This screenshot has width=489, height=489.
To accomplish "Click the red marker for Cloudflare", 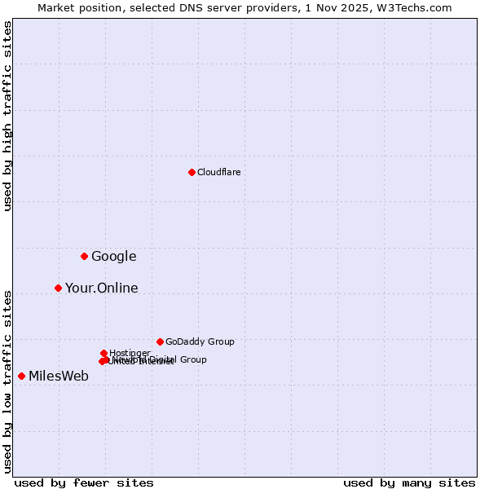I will tap(192, 172).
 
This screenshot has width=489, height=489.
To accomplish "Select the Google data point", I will tap(84, 256).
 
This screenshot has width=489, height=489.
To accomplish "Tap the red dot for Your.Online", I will tap(58, 288).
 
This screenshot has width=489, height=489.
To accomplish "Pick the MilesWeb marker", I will tap(21, 376).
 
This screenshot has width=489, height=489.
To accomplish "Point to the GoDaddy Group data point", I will tap(160, 341).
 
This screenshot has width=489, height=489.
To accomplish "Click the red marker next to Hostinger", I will tap(104, 353).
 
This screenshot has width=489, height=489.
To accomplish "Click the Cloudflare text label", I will tap(218, 172).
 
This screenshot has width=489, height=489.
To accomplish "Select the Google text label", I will tap(113, 257).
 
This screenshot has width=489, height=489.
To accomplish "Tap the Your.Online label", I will tap(101, 289).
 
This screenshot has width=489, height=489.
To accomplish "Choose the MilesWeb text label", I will tap(59, 377).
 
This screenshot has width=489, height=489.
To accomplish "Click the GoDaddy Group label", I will tap(200, 341).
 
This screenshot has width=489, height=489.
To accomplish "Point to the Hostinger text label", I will tap(130, 353).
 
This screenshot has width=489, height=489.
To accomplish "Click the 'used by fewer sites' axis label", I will tap(84, 482).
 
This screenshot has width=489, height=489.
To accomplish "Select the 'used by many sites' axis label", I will tap(409, 482).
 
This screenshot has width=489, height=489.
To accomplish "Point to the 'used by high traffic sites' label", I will tap(7, 116).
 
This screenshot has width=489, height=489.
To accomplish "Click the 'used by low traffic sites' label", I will tap(7, 381).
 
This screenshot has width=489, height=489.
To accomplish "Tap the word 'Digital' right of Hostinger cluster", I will tap(162, 359).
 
